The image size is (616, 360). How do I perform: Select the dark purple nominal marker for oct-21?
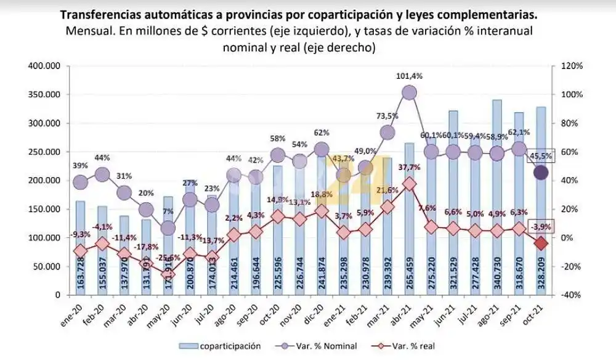pos(541,173)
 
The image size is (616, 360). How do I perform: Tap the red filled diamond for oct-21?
pos(541,243)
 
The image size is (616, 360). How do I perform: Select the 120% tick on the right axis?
pos(570,66)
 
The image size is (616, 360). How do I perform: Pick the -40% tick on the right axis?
pos(570,295)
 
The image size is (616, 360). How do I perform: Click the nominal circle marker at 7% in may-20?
pos(168,228)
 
